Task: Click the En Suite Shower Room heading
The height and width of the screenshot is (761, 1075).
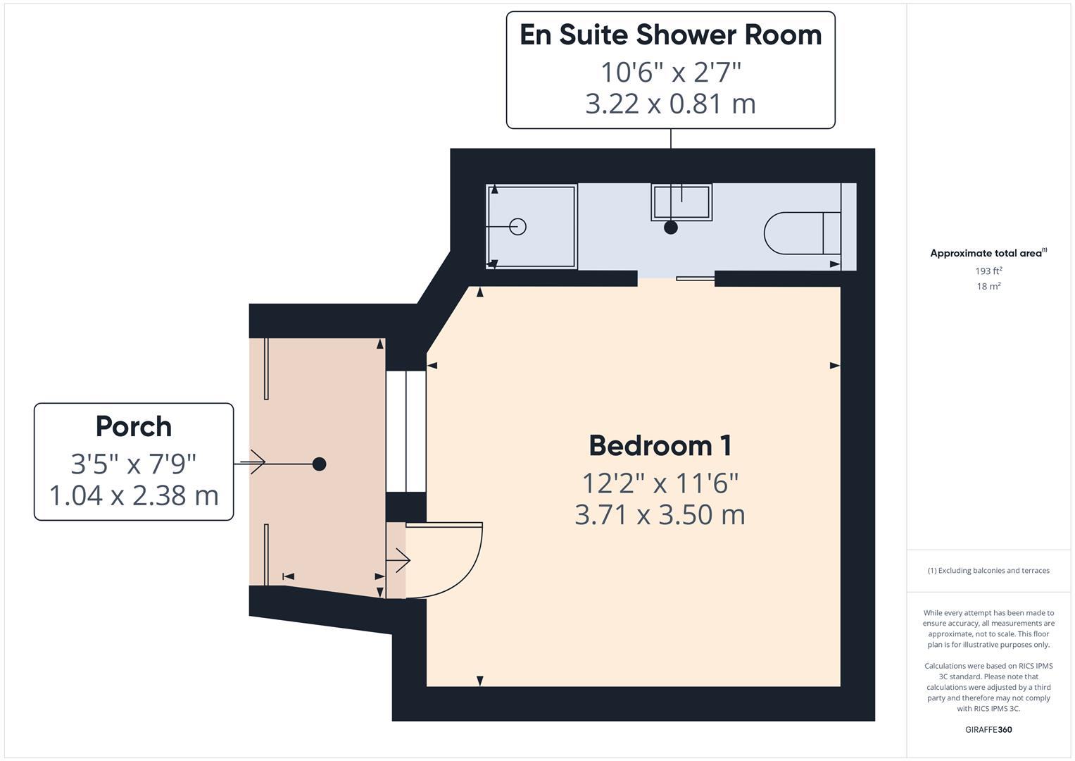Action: pyautogui.click(x=670, y=35)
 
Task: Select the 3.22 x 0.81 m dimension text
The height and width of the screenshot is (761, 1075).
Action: pyautogui.click(x=670, y=104)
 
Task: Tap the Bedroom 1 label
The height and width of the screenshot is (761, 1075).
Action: pyautogui.click(x=660, y=446)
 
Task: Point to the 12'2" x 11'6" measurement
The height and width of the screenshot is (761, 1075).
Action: pyautogui.click(x=660, y=483)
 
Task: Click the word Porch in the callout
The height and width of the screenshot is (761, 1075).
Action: pyautogui.click(x=134, y=427)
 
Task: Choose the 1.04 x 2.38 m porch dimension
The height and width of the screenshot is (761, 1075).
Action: pyautogui.click(x=134, y=495)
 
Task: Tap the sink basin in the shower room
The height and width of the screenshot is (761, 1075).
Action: pyautogui.click(x=681, y=202)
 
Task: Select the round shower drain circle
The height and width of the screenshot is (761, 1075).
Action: pyautogui.click(x=518, y=226)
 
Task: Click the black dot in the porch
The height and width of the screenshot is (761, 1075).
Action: pyautogui.click(x=319, y=464)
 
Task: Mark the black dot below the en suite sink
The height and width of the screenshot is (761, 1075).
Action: pyautogui.click(x=671, y=228)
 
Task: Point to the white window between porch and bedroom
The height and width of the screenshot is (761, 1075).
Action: pyautogui.click(x=406, y=431)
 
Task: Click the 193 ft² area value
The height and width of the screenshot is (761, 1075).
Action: pyautogui.click(x=988, y=271)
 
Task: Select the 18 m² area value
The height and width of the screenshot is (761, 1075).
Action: pyautogui.click(x=988, y=286)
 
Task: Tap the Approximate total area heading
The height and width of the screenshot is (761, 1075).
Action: pyautogui.click(x=987, y=253)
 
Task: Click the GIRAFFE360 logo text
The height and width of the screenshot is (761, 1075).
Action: pyautogui.click(x=988, y=729)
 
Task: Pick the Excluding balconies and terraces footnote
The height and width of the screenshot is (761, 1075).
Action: pyautogui.click(x=988, y=571)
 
